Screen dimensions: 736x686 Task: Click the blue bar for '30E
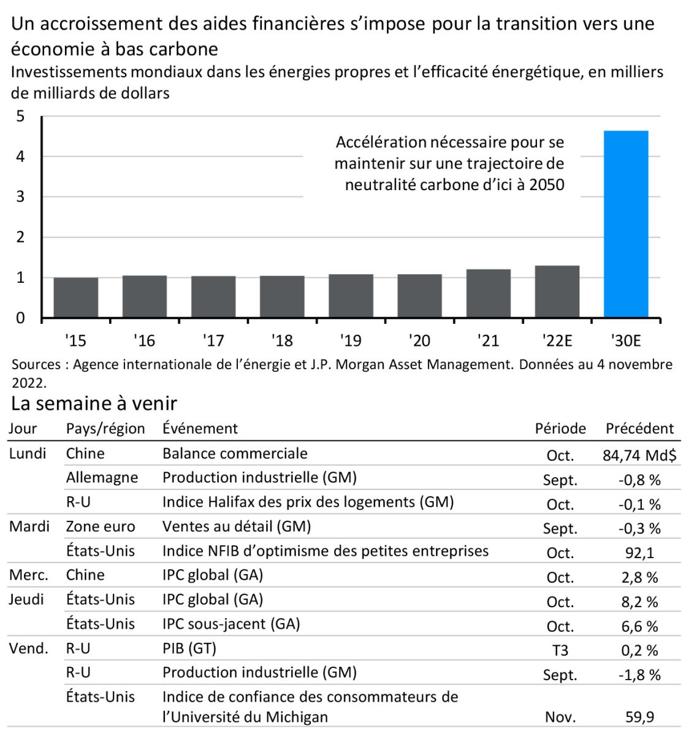coord(626,224)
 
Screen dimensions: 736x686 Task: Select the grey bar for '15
coord(76,297)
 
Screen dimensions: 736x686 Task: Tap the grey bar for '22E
coord(557,291)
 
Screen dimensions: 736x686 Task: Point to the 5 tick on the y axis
coord(21,116)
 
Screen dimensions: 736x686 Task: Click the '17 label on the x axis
coord(213,340)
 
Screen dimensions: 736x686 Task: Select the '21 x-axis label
coord(488,340)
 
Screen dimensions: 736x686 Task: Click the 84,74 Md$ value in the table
coord(639,455)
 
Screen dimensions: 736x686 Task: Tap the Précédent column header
coord(639,429)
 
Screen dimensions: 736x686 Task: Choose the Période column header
coord(560,429)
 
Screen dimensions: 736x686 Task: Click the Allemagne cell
coord(102,478)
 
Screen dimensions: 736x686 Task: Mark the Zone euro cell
coord(101,527)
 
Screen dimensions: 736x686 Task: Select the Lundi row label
coord(28,454)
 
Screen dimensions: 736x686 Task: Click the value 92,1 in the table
coord(639,553)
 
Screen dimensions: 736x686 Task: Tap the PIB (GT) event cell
coord(189,648)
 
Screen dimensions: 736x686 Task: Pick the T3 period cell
coord(560,650)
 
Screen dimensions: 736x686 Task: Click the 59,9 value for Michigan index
coord(639,717)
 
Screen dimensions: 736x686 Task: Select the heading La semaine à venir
coord(94,404)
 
